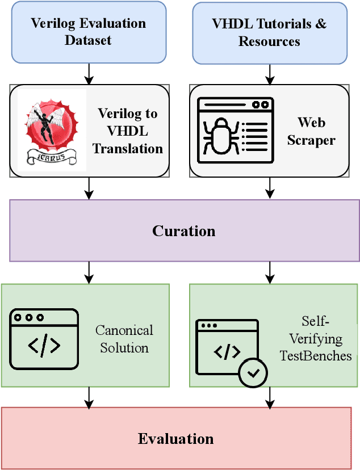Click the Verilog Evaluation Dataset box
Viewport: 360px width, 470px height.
(x=88, y=32)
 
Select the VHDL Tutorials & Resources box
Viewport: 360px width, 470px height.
(x=269, y=33)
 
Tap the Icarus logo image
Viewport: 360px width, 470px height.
(x=52, y=130)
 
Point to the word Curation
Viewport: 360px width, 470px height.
(x=183, y=231)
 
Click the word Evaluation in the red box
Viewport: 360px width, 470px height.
(x=175, y=439)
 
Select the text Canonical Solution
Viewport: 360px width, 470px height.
(x=124, y=339)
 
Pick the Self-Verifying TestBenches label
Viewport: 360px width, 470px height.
(x=315, y=339)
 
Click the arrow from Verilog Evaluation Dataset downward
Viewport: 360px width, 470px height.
(x=89, y=73)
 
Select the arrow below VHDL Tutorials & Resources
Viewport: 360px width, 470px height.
(x=270, y=74)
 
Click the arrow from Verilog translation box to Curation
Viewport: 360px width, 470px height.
(x=89, y=188)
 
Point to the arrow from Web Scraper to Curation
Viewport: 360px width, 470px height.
(x=270, y=188)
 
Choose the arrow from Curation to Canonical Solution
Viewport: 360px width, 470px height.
(x=89, y=272)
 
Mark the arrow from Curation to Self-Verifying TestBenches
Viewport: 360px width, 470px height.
(x=270, y=272)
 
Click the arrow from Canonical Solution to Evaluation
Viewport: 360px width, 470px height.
(x=89, y=397)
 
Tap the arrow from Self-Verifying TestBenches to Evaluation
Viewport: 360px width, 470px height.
(x=270, y=397)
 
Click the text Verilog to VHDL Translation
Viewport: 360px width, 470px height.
(x=128, y=131)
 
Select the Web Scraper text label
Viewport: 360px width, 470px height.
(x=311, y=131)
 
